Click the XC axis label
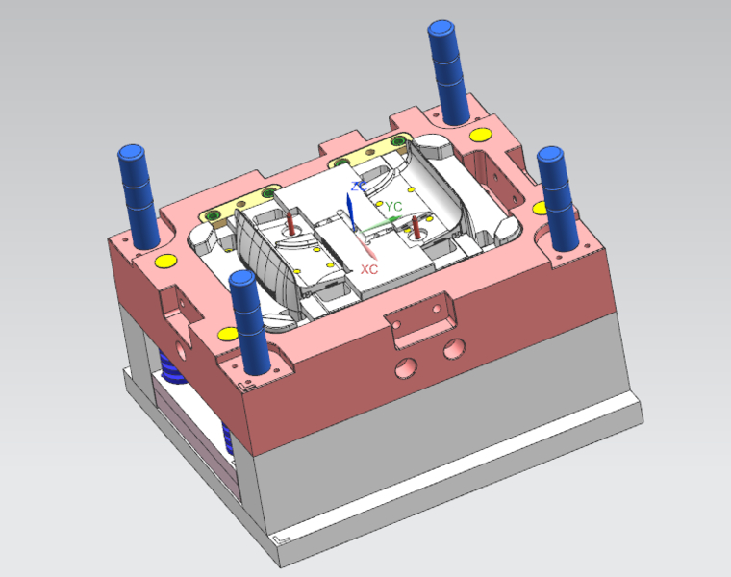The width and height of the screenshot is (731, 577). pos(369,269)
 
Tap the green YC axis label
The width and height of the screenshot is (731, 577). pos(393,206)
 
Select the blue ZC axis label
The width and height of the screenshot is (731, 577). pos(359,186)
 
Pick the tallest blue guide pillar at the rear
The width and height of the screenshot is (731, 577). pos(448,73)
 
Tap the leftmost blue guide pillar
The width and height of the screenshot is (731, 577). pos(139,197)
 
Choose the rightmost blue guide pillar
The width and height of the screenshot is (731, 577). pos(558,199)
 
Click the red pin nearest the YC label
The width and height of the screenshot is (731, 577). pos(416,227)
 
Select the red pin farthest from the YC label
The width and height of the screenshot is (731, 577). pos(290,223)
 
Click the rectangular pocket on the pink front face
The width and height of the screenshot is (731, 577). pos(420,320)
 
